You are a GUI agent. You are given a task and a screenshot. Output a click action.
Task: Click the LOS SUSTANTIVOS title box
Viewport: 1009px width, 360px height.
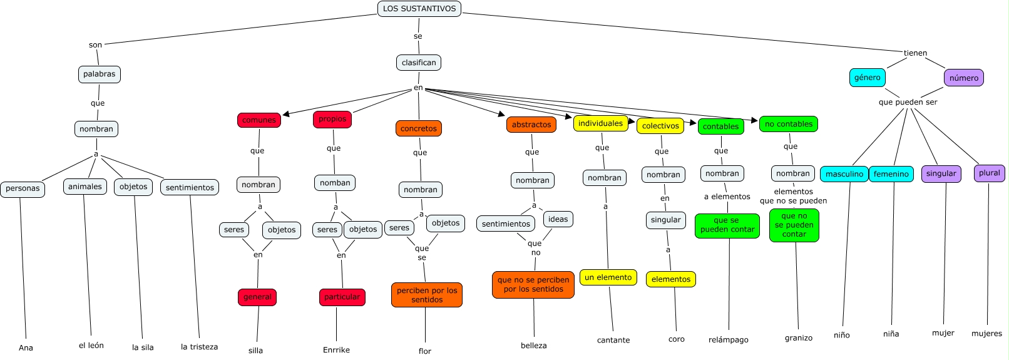click(419, 9)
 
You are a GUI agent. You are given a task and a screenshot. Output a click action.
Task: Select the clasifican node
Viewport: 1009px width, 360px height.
click(419, 63)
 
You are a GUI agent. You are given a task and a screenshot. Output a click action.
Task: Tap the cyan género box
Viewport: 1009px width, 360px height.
click(868, 78)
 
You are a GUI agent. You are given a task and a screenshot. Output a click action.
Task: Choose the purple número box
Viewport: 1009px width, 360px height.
click(964, 78)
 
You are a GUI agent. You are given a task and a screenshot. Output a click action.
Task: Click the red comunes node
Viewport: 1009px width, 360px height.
click(259, 120)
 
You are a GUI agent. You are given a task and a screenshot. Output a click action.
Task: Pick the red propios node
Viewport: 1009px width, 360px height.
click(332, 119)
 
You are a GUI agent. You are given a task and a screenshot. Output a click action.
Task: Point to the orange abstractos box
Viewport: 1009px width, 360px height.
click(531, 125)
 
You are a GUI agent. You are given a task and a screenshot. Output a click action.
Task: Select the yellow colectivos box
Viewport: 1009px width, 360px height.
click(660, 126)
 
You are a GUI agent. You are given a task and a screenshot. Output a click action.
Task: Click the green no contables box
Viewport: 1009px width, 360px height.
click(789, 124)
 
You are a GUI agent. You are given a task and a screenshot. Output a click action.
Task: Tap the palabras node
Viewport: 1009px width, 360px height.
click(100, 74)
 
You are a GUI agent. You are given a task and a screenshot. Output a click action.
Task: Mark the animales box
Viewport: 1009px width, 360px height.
click(85, 187)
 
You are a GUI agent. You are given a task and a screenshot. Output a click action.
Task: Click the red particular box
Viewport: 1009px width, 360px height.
click(342, 297)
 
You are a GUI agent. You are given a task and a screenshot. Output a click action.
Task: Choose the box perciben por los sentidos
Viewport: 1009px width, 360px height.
click(427, 295)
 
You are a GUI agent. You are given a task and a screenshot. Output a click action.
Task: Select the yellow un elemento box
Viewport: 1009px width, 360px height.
click(608, 277)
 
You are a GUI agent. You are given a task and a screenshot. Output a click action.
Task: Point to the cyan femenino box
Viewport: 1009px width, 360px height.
click(891, 174)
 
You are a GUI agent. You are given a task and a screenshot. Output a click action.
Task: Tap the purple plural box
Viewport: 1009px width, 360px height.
click(990, 173)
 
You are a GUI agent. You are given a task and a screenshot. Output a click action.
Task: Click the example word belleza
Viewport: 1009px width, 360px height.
click(534, 346)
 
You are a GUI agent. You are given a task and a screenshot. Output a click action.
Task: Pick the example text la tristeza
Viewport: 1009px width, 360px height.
click(200, 347)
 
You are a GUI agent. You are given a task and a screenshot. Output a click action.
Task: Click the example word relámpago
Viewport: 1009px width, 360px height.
click(729, 340)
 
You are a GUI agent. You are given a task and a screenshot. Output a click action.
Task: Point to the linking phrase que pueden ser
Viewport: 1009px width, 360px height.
click(908, 102)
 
